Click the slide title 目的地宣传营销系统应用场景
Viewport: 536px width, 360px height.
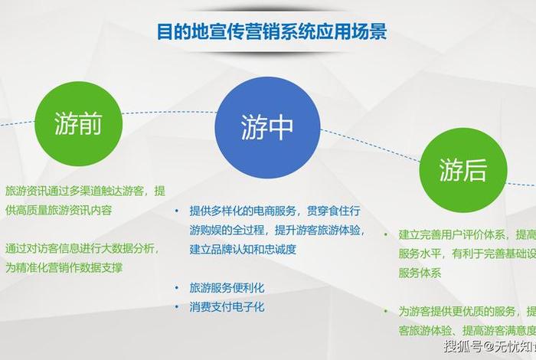271,31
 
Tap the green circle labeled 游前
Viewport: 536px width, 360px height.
78,124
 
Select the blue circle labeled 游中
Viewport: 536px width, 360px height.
266,126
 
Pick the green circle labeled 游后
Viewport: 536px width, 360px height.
462,170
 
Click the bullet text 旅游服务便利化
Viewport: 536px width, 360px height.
227,289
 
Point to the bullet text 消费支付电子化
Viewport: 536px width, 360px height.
227,306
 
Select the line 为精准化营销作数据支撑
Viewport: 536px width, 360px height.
64,267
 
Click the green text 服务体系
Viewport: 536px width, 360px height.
420,273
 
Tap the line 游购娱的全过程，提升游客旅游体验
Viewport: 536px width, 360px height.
277,230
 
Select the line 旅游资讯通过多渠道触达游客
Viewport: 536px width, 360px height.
84,190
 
